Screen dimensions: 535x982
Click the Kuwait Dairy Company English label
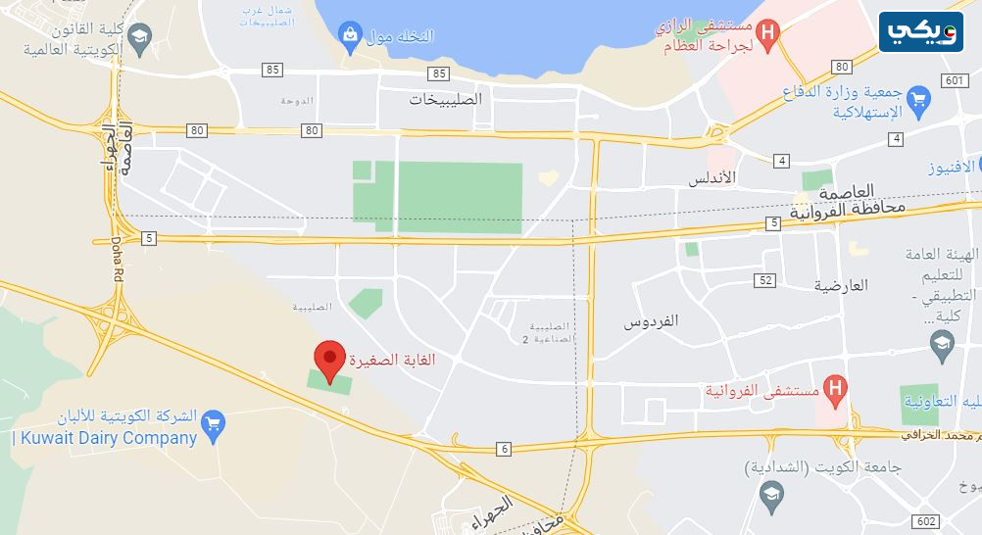[x=106, y=439]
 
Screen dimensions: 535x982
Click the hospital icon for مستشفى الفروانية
[x=835, y=389]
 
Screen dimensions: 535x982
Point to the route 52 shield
[x=765, y=280]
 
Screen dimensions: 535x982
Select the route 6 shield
[x=505, y=449]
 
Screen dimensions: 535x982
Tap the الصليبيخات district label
[x=446, y=99]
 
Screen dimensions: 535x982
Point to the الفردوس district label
[x=652, y=320]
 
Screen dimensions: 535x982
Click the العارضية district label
[x=841, y=285]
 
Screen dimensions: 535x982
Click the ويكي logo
[x=920, y=31]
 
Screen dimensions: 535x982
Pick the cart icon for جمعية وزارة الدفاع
[x=918, y=99]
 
